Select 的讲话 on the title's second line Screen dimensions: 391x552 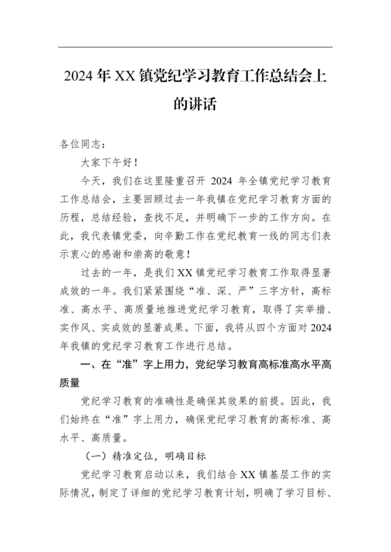[195, 105]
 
